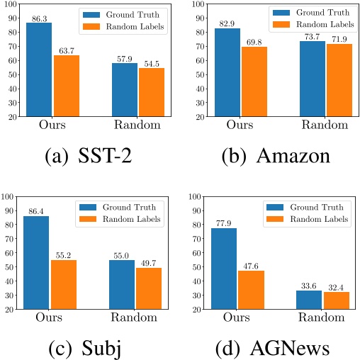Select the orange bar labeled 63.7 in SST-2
pyautogui.click(x=66, y=86)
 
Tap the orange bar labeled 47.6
pyautogui.click(x=251, y=290)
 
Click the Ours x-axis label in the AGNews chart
pyautogui.click(x=237, y=318)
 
